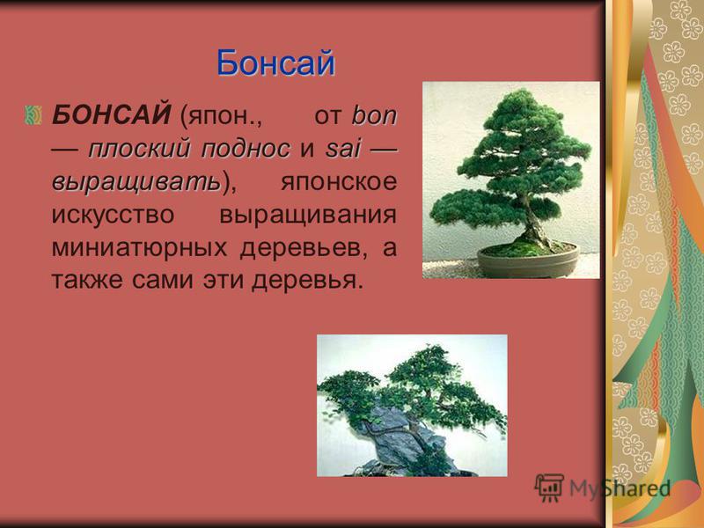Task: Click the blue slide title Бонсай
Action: (275, 63)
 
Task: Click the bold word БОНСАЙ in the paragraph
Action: (111, 115)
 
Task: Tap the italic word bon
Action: (375, 116)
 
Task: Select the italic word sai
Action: (342, 149)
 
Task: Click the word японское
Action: (339, 182)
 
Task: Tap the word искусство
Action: (113, 216)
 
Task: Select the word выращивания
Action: (308, 216)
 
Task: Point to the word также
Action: (87, 281)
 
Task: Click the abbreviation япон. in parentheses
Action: (221, 116)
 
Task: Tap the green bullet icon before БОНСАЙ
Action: (33, 115)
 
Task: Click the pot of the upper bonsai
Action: (528, 261)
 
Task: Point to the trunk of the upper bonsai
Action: (535, 224)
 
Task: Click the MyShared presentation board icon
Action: (549, 488)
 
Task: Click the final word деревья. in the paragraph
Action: (307, 281)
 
